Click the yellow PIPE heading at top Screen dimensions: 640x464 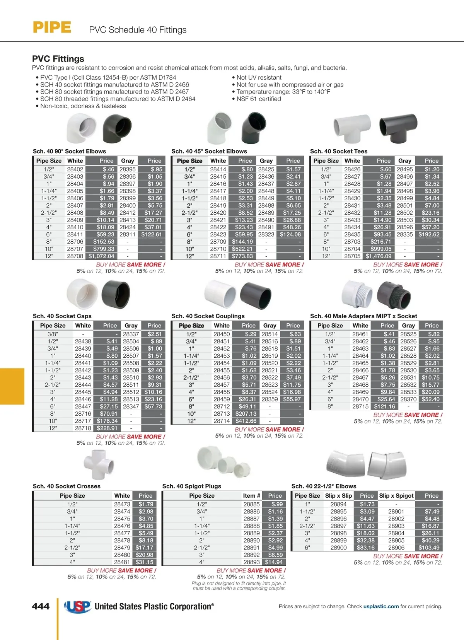coord(52,27)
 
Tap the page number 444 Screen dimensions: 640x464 coord(41,606)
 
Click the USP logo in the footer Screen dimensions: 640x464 coord(77,606)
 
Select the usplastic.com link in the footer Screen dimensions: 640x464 coord(381,606)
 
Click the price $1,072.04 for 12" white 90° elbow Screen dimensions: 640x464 coord(101,256)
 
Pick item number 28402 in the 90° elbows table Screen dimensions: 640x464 coord(75,169)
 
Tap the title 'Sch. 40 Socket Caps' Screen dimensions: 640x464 coord(62,316)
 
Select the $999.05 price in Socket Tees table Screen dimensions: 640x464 coord(381,249)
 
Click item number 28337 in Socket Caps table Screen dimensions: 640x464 coord(131,334)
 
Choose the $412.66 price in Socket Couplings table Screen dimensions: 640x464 coord(246,421)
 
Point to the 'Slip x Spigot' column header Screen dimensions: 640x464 coord(396,496)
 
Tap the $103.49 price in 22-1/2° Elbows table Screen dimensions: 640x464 coord(429,548)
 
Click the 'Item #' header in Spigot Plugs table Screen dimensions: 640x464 coord(251,496)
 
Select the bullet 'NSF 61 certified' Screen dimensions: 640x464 coord(259,99)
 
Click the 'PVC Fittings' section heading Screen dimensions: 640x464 coord(58,59)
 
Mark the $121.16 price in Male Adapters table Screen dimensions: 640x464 coord(384,406)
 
